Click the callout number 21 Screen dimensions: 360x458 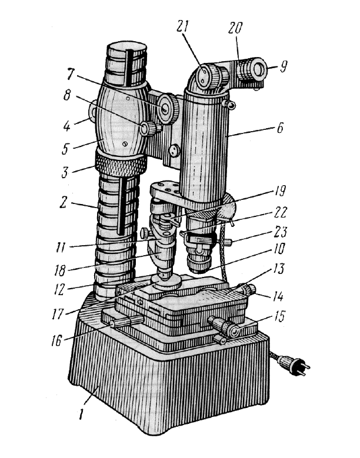pos(182,26)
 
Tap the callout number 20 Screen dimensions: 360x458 pos(236,28)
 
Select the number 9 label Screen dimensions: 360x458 pos(283,66)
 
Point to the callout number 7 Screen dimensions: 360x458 pos(70,75)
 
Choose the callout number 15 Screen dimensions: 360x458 pos(279,316)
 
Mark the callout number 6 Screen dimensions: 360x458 pos(280,128)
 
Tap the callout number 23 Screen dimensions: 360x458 pos(281,232)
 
